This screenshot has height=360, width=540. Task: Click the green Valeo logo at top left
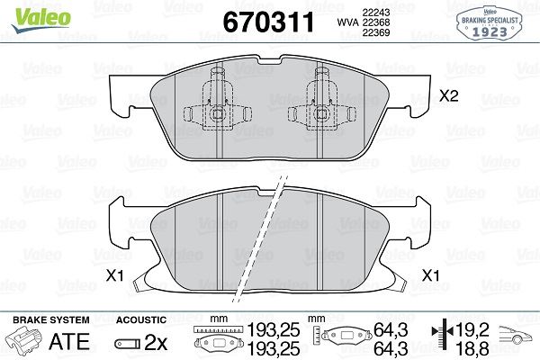click(41, 20)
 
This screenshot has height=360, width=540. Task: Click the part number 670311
click(268, 22)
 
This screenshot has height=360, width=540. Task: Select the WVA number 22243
click(375, 12)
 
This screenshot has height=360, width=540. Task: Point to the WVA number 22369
click(375, 32)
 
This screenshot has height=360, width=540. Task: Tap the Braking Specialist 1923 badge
click(490, 22)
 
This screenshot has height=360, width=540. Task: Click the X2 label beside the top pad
click(449, 95)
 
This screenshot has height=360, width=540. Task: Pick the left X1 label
click(114, 275)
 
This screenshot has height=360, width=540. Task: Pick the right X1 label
click(431, 275)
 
